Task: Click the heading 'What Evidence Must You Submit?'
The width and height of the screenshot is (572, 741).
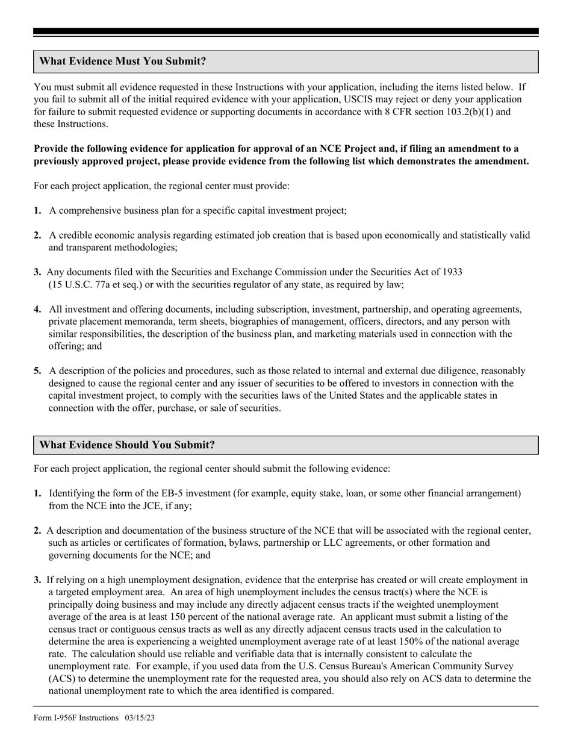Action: coord(122,61)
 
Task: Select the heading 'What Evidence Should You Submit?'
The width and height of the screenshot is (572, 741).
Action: coord(126,445)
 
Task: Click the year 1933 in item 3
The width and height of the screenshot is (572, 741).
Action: coord(452,272)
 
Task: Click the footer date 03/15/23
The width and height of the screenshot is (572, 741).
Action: coord(141,718)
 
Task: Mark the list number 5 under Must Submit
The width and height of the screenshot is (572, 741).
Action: coord(37,370)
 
